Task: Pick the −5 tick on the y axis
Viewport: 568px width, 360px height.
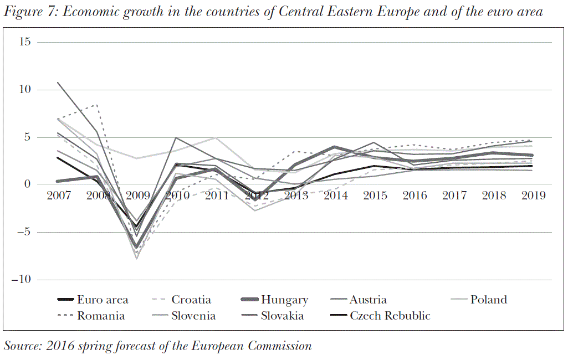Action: coord(23,232)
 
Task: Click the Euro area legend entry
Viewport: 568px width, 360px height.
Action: coord(103,300)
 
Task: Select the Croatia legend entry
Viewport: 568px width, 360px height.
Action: coord(191,300)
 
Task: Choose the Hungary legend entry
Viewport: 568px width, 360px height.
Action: coord(284,300)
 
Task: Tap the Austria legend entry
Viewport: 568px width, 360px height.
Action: coord(368,300)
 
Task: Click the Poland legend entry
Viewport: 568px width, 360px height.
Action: coord(489,300)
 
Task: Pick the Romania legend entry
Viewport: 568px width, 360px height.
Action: coord(101,316)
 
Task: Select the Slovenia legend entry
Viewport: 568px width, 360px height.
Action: coord(193,316)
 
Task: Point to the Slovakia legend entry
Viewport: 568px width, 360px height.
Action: coord(282,316)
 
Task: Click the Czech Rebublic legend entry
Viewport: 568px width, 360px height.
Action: coord(390,316)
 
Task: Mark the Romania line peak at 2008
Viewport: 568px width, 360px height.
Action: coord(98,105)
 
